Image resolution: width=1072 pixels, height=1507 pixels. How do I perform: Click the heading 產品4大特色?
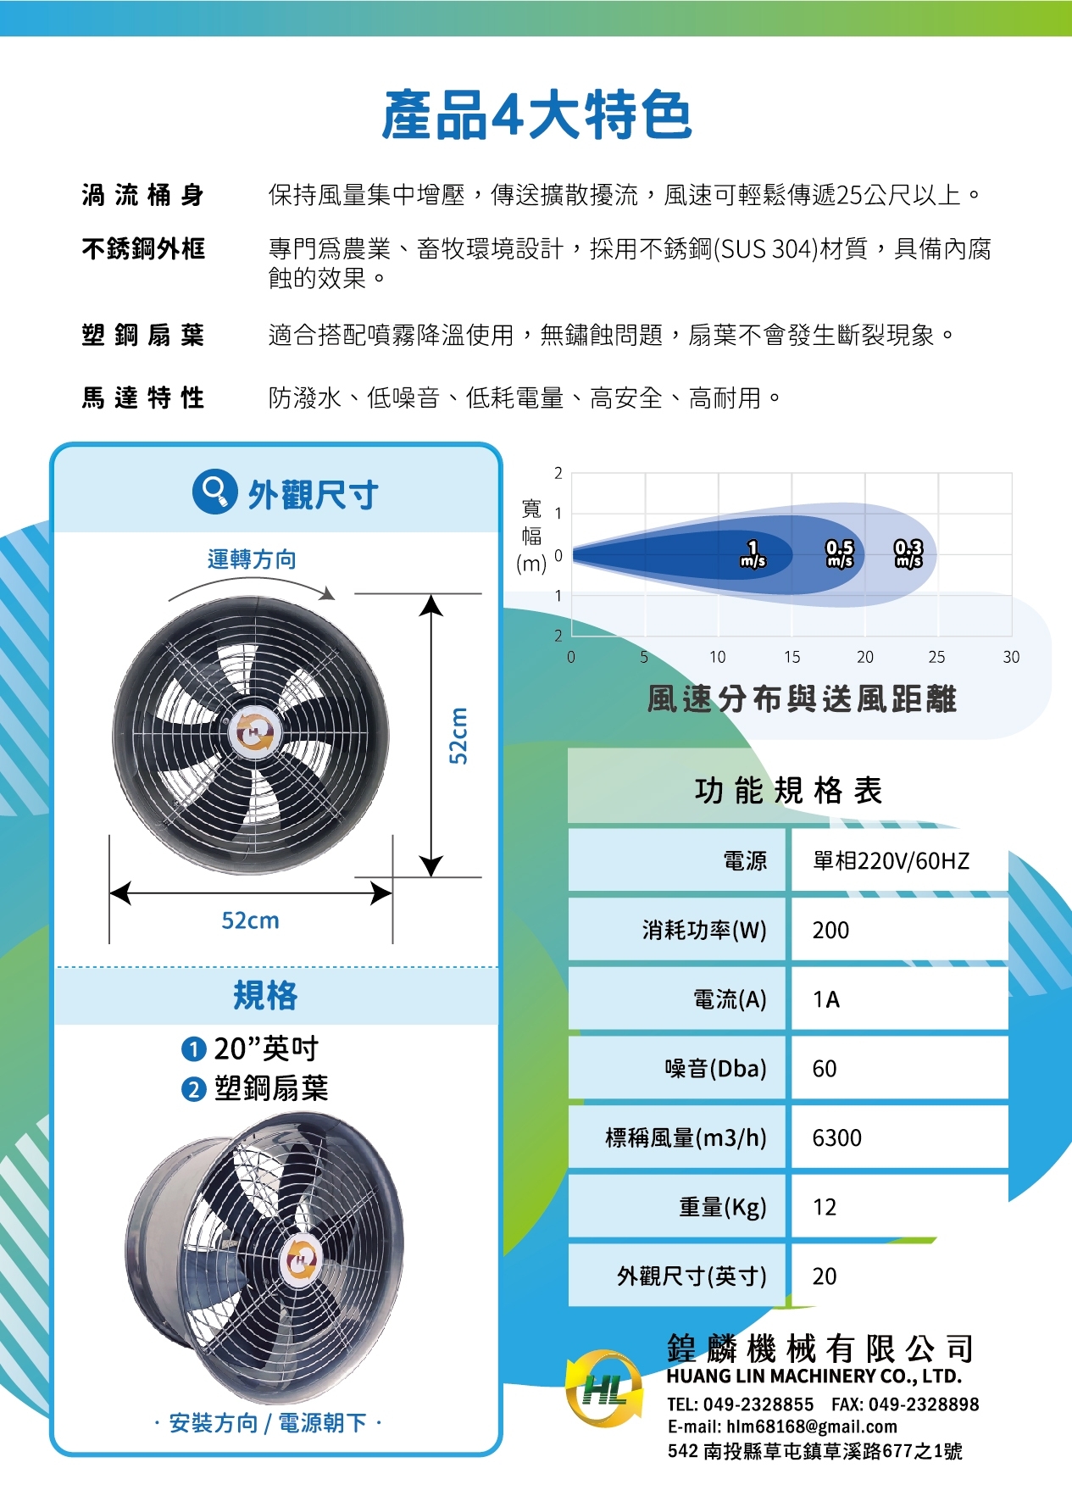pos(537,115)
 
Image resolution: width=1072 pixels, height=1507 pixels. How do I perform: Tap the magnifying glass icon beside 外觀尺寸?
pos(214,491)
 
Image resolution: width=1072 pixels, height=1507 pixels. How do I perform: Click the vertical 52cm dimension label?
pos(458,735)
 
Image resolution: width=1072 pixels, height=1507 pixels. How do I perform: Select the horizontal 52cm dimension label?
pos(250,920)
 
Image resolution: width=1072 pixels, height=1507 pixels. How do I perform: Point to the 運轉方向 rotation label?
pos(252,559)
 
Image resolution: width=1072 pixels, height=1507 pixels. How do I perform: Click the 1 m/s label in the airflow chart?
pos(753,553)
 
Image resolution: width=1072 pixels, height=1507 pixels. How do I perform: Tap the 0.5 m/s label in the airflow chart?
pos(840,553)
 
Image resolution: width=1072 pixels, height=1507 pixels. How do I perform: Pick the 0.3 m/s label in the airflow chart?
pos(908,553)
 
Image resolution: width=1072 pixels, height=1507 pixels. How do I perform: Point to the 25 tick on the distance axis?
pos(936,657)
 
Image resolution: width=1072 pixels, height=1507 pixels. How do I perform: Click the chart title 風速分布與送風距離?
pos(802,699)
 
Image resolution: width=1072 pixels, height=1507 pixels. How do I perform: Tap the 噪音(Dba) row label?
pos(716,1068)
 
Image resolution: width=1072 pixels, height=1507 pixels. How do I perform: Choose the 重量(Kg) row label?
pos(723,1207)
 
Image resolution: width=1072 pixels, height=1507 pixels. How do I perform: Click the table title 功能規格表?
pos(788,790)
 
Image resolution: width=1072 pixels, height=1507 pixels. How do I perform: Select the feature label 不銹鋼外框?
pos(143,248)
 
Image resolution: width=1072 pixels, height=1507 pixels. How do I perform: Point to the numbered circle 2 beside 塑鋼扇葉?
pos(194,1089)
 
